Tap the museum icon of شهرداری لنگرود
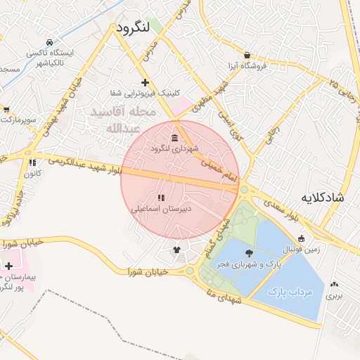(x=175, y=136)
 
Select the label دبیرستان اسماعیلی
(x=162, y=209)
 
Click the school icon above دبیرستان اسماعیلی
(x=161, y=198)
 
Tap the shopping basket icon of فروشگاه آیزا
(x=247, y=55)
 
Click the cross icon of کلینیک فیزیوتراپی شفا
(x=146, y=82)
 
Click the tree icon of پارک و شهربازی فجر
(x=250, y=252)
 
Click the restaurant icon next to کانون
(x=33, y=162)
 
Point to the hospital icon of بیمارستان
(x=8, y=266)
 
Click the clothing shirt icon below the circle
(x=176, y=249)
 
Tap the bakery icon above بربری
(x=334, y=285)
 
